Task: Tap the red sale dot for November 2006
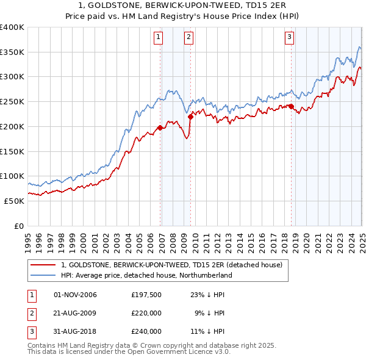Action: pyautogui.click(x=160, y=128)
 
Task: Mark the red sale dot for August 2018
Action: pyautogui.click(x=292, y=106)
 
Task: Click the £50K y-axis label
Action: pyautogui.click(x=15, y=201)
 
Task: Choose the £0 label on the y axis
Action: pyautogui.click(x=19, y=226)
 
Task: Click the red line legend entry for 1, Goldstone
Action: pyautogui.click(x=171, y=265)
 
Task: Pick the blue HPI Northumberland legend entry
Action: pyautogui.click(x=147, y=275)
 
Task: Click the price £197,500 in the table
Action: pyautogui.click(x=146, y=295)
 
